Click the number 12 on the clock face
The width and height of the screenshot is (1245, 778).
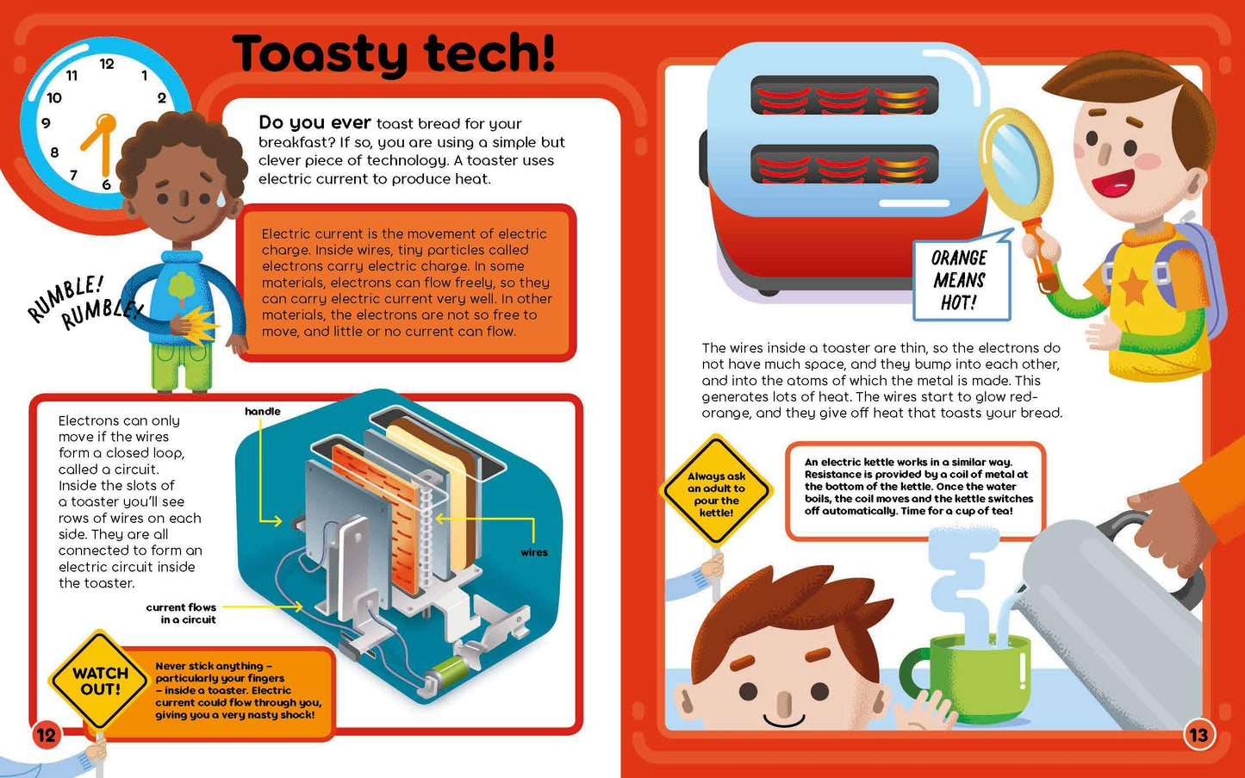tap(107, 64)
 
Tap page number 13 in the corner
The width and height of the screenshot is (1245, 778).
tap(1198, 735)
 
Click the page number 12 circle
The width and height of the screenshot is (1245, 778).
tap(46, 736)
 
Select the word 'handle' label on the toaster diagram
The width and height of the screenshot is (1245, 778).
tap(262, 411)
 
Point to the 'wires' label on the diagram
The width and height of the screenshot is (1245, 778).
tap(534, 552)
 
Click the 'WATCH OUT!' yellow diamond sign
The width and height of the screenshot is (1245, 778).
tap(99, 681)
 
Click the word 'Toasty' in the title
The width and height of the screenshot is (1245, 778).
tap(321, 54)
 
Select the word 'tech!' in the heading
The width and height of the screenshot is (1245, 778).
tap(489, 52)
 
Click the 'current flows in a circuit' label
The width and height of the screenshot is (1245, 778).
tap(181, 613)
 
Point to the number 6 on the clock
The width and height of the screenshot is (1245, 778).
tap(106, 184)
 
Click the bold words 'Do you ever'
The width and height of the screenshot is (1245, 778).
tap(314, 123)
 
